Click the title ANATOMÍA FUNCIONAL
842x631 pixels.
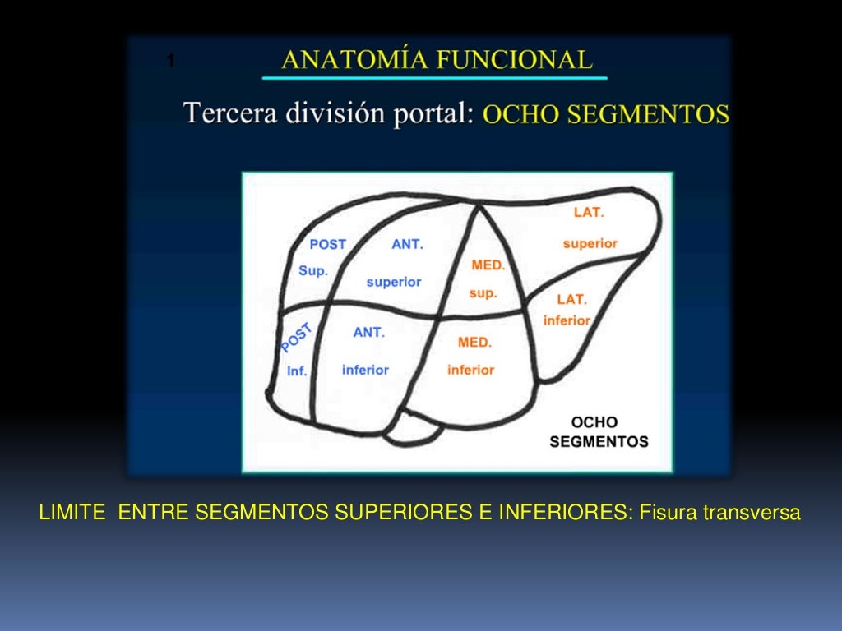pos(436,59)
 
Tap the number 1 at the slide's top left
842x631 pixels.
pos(170,60)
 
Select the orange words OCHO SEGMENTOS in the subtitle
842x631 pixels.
pos(605,114)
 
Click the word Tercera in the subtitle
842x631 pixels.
pos(229,113)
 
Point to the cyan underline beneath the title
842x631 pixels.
pos(434,78)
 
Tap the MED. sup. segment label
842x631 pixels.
pos(487,279)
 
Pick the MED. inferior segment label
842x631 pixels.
pos(472,356)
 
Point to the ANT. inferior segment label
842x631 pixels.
pos(367,351)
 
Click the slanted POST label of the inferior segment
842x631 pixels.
pos(296,338)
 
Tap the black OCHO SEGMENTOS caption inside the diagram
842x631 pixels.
pos(598,431)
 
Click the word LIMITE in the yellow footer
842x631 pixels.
pos(72,514)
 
